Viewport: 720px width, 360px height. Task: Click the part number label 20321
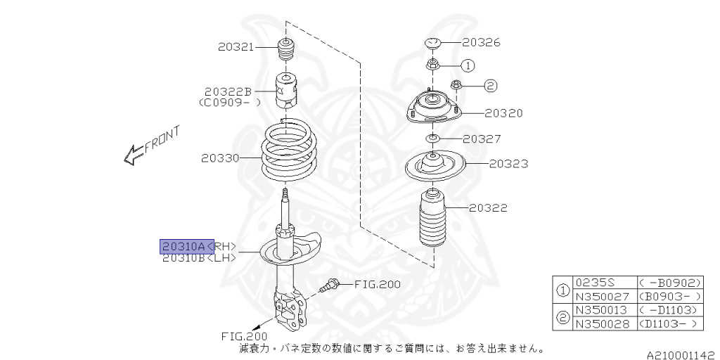point(236,46)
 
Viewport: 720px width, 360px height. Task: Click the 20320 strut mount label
point(503,112)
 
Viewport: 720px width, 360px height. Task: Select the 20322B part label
point(228,91)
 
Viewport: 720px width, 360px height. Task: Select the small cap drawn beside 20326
point(432,44)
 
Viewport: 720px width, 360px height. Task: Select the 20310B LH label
point(199,258)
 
